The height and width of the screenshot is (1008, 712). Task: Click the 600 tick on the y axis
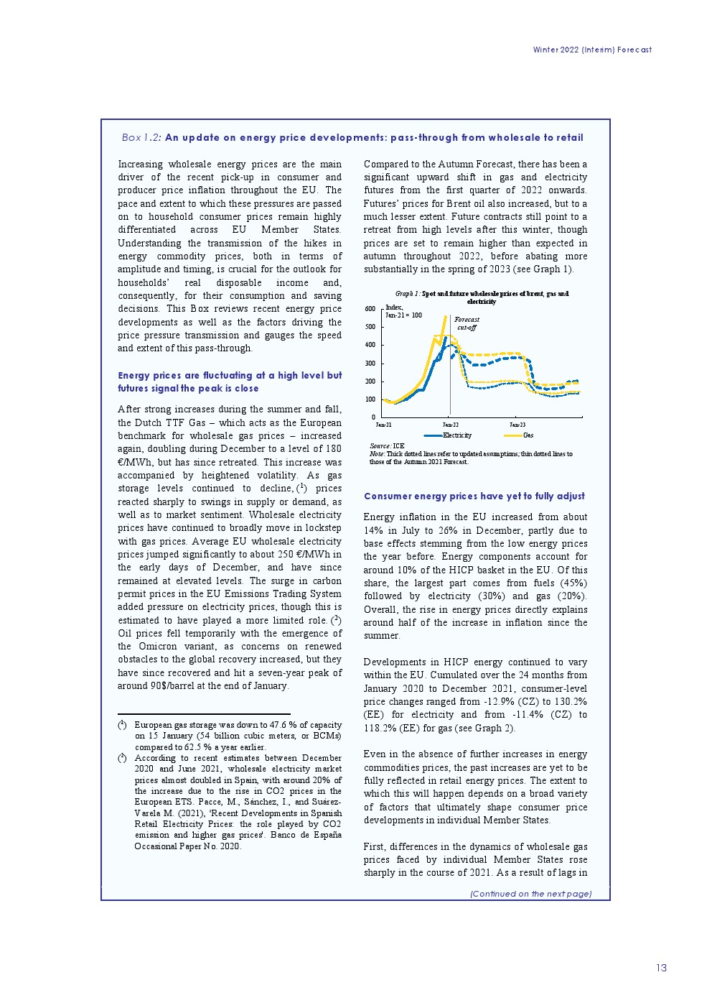point(370,309)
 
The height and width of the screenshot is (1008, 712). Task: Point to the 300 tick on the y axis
point(370,364)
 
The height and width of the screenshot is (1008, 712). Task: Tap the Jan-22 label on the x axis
point(450,425)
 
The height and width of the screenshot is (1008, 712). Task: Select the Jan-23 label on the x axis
point(517,425)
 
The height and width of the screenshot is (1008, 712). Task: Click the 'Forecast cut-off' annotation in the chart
point(467,323)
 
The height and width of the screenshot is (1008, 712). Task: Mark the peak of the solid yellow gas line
point(446,316)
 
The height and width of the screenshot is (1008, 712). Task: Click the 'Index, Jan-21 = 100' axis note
point(403,311)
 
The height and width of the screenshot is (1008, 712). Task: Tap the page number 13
point(661,968)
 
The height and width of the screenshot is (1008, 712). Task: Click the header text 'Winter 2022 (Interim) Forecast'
point(592,50)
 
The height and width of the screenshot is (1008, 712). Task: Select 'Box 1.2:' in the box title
point(141,137)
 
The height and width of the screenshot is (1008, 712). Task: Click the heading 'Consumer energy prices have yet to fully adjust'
point(474,496)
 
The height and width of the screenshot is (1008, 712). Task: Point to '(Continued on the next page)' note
point(530,894)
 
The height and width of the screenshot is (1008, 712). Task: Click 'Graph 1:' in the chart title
point(408,294)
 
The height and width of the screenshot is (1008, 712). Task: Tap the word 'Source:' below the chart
point(380,446)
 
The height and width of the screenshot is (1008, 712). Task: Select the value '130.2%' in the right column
point(571,701)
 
